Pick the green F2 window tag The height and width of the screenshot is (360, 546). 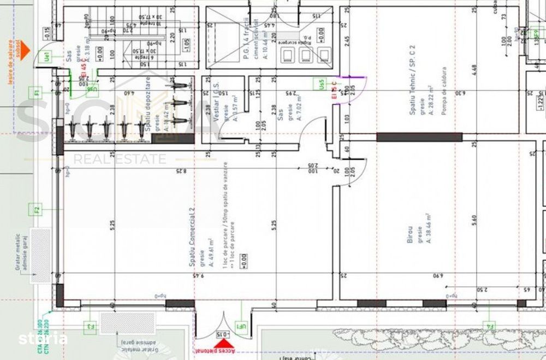(x=37, y=210)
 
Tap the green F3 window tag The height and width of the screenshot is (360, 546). (x=90, y=327)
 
